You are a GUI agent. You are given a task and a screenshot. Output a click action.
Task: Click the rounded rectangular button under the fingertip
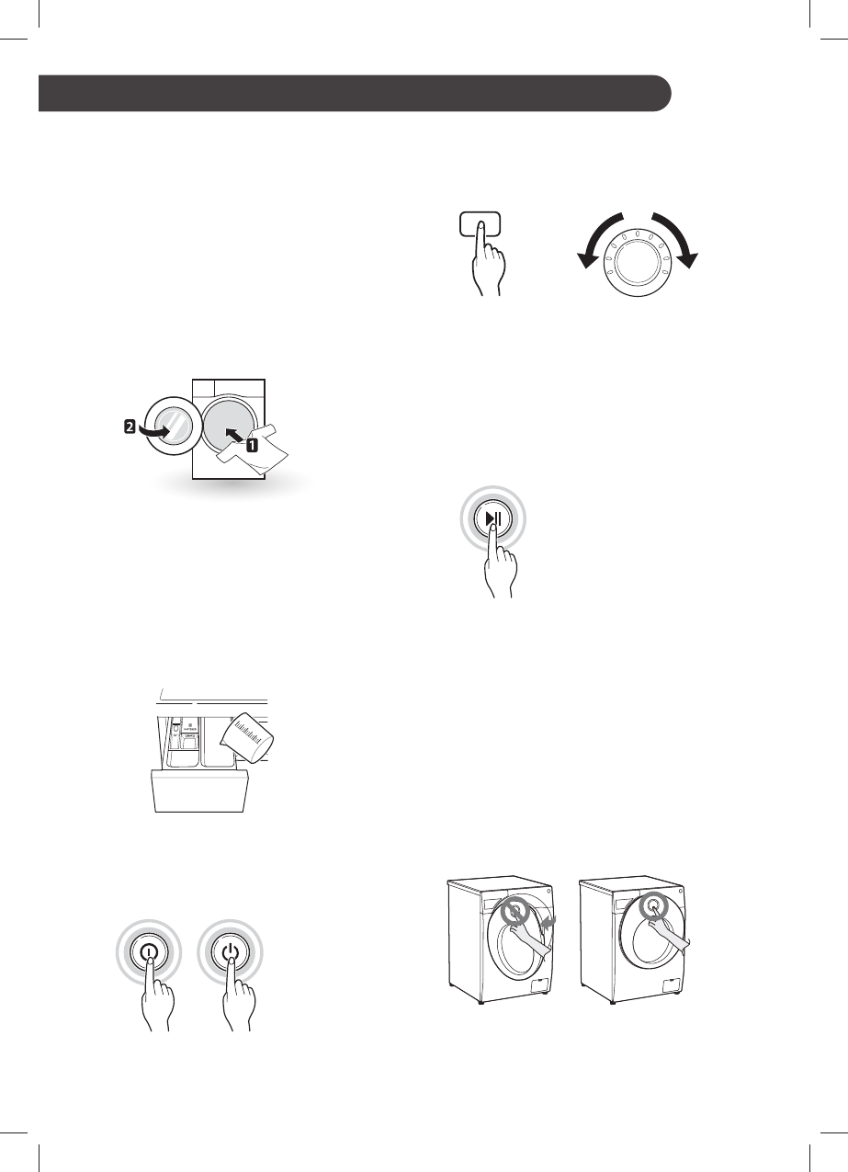click(x=478, y=223)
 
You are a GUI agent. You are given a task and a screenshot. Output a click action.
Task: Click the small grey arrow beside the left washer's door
click(x=551, y=920)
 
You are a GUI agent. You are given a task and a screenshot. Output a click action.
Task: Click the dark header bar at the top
click(x=355, y=94)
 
